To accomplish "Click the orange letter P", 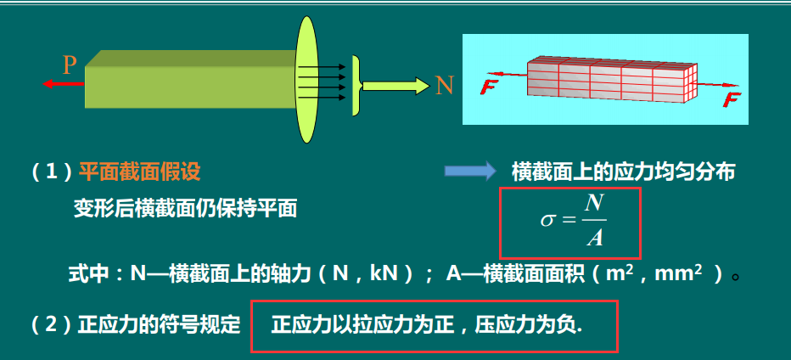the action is point(70,64).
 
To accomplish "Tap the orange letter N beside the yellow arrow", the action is point(444,85).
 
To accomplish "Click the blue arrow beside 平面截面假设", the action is point(469,172).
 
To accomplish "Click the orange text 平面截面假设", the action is point(139,172).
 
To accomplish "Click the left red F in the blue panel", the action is point(488,86).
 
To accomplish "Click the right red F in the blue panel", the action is point(732,100).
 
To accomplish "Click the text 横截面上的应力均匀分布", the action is point(623,172).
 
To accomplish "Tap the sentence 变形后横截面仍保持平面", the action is point(185,208).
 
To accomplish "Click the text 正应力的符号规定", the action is point(160,325).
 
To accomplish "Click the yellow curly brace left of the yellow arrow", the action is point(357,85).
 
